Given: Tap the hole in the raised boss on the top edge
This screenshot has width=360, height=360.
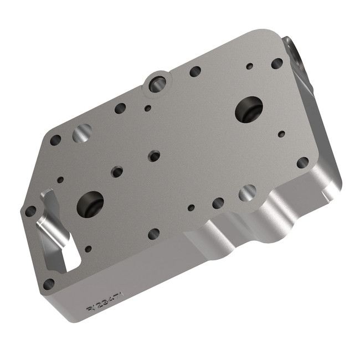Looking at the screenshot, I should coord(157,84).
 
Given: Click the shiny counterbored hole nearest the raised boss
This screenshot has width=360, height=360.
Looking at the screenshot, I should coord(82,132).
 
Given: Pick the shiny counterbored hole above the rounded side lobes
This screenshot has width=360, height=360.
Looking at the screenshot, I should coord(247,193).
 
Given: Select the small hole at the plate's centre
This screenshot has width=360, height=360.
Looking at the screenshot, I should coord(155,156).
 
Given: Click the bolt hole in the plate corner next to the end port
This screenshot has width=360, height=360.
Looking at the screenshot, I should coord(277,63).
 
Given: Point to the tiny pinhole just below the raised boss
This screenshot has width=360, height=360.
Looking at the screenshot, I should coord(147,108).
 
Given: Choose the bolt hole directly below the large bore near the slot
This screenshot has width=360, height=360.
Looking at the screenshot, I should coord(153,234).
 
